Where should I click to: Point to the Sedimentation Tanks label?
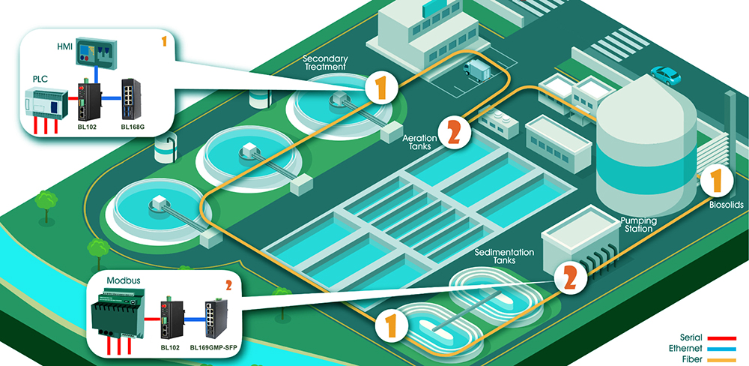pos(504,256)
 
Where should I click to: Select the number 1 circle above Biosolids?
pos(715,181)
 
